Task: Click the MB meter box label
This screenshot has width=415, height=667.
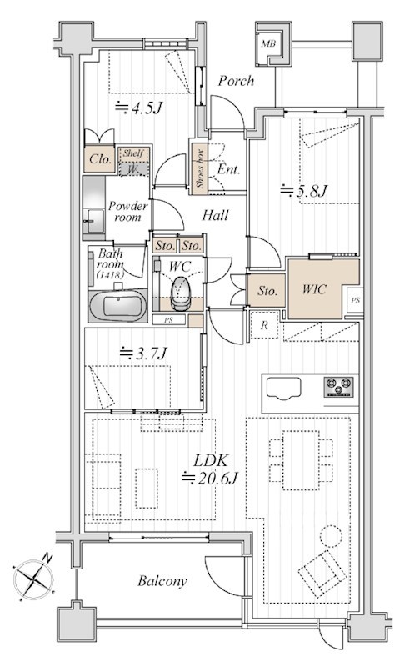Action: coord(268,43)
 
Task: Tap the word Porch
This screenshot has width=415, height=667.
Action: coord(236,80)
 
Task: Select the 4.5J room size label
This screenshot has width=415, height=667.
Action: coord(139,108)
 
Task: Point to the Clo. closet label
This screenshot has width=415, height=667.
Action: coord(100,159)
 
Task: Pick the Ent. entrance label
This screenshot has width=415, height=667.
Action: coord(228,169)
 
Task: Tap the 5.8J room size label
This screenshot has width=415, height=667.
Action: coord(304,191)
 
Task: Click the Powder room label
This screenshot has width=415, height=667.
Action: coord(127,212)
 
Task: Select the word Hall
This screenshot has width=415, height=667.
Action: coord(215,215)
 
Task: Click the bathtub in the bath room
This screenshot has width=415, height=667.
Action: coord(117,306)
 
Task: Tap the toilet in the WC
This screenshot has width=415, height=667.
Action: coord(181,293)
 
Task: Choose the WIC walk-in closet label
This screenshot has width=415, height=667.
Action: coord(315,289)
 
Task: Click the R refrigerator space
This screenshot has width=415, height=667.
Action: coord(264,325)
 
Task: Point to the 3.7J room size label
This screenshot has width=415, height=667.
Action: coord(143,354)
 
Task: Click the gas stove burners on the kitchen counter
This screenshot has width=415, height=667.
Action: coord(338,387)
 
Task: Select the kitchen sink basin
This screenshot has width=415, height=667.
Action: coord(283,389)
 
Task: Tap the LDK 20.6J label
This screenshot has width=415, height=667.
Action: coord(210,469)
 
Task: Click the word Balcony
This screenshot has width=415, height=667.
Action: coord(162,581)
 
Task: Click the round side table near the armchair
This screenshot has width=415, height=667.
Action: coord(331,536)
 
